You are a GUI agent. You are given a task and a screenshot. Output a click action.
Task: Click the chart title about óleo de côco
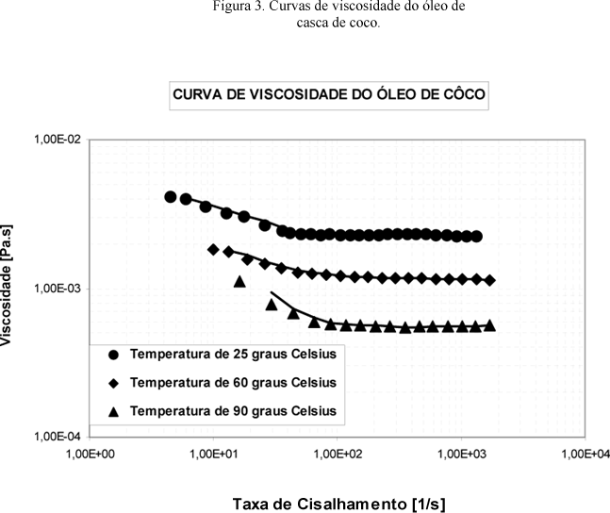pyautogui.click(x=330, y=95)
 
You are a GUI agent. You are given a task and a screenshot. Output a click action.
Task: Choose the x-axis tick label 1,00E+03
pyautogui.click(x=462, y=455)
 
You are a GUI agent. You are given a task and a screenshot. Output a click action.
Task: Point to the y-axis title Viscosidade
pyautogui.click(x=8, y=289)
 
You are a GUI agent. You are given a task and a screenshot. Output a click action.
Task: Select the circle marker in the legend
pyautogui.click(x=113, y=355)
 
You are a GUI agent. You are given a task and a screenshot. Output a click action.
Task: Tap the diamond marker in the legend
pyautogui.click(x=113, y=383)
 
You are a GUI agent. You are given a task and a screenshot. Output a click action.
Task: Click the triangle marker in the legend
pyautogui.click(x=113, y=411)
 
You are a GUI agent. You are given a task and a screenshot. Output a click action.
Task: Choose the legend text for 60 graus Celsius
pyautogui.click(x=233, y=383)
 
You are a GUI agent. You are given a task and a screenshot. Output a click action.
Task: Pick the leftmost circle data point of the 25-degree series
pyautogui.click(x=171, y=197)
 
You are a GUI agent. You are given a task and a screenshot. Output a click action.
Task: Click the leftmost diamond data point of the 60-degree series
pyautogui.click(x=213, y=250)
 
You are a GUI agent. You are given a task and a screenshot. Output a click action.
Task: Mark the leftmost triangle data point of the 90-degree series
pyautogui.click(x=239, y=281)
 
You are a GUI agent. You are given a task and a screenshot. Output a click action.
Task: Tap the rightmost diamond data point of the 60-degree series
pyautogui.click(x=490, y=280)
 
